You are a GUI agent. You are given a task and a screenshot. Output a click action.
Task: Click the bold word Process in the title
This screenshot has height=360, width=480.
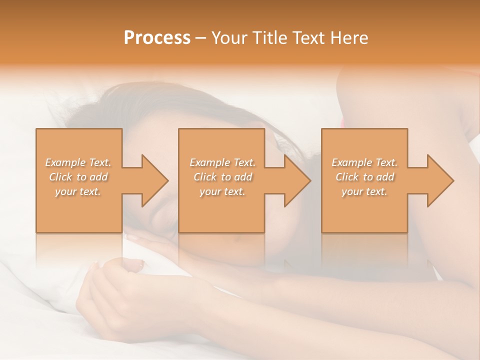157,37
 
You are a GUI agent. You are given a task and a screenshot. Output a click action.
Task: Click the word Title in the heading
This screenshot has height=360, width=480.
269,37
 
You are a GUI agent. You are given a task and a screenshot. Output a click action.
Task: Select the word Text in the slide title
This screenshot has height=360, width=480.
308,37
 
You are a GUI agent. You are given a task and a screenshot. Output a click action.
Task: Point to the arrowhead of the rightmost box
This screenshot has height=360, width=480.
439,180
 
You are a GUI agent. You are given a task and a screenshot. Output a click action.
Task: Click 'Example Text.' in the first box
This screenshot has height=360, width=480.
78,162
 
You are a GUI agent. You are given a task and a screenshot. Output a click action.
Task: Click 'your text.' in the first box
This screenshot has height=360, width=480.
78,191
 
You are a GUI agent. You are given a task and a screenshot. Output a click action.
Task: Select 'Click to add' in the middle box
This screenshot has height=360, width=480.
222,177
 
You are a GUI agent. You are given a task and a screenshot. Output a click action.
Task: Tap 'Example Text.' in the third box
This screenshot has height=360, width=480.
364,162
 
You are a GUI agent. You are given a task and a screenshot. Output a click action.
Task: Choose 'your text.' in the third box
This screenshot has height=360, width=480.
364,191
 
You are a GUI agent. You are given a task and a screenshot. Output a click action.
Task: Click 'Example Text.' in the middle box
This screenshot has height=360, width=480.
222,162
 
